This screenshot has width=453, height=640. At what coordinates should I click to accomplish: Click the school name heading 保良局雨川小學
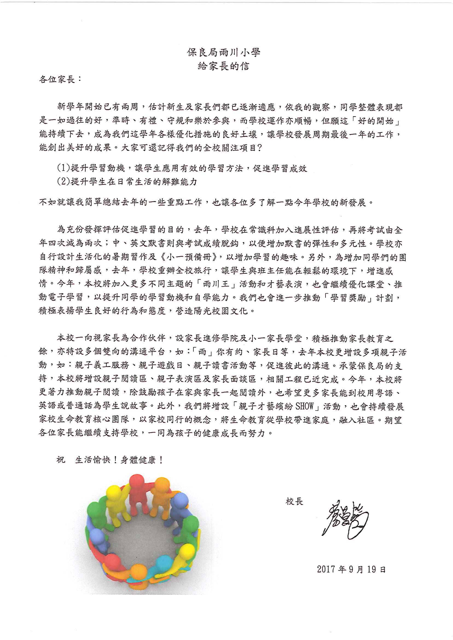coord(223,53)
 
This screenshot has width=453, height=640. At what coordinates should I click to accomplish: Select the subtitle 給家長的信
coord(223,66)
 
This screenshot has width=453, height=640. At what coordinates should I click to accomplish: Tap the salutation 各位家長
coord(57,80)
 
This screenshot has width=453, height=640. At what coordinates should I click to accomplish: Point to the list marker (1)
coord(63,168)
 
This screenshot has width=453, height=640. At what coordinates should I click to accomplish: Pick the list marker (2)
coord(63,182)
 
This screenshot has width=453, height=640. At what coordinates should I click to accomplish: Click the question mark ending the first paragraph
coord(260,148)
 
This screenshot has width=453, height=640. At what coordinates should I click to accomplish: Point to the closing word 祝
coord(61,459)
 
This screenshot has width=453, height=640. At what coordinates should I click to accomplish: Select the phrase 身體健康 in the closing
coord(138,460)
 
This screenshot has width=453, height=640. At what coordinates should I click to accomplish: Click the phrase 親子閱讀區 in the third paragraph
coord(125,379)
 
